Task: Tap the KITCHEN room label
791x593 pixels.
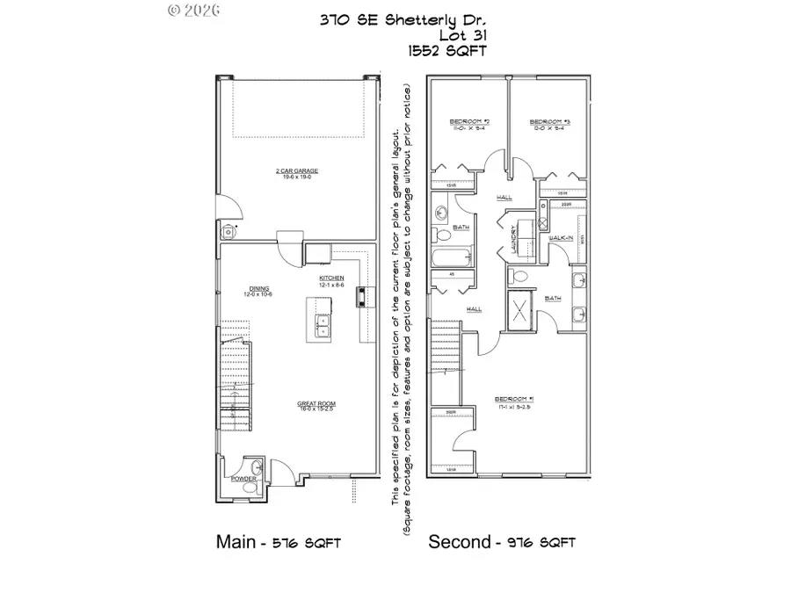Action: point(331,278)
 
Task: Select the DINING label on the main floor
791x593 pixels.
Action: point(258,290)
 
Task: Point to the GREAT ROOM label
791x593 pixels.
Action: point(316,405)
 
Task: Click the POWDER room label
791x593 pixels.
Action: point(243,479)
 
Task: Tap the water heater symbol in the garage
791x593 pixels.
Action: point(229,231)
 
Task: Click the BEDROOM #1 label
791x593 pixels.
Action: point(541,405)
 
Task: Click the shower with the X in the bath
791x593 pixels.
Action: point(521,311)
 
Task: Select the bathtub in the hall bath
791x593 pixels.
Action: point(449,260)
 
